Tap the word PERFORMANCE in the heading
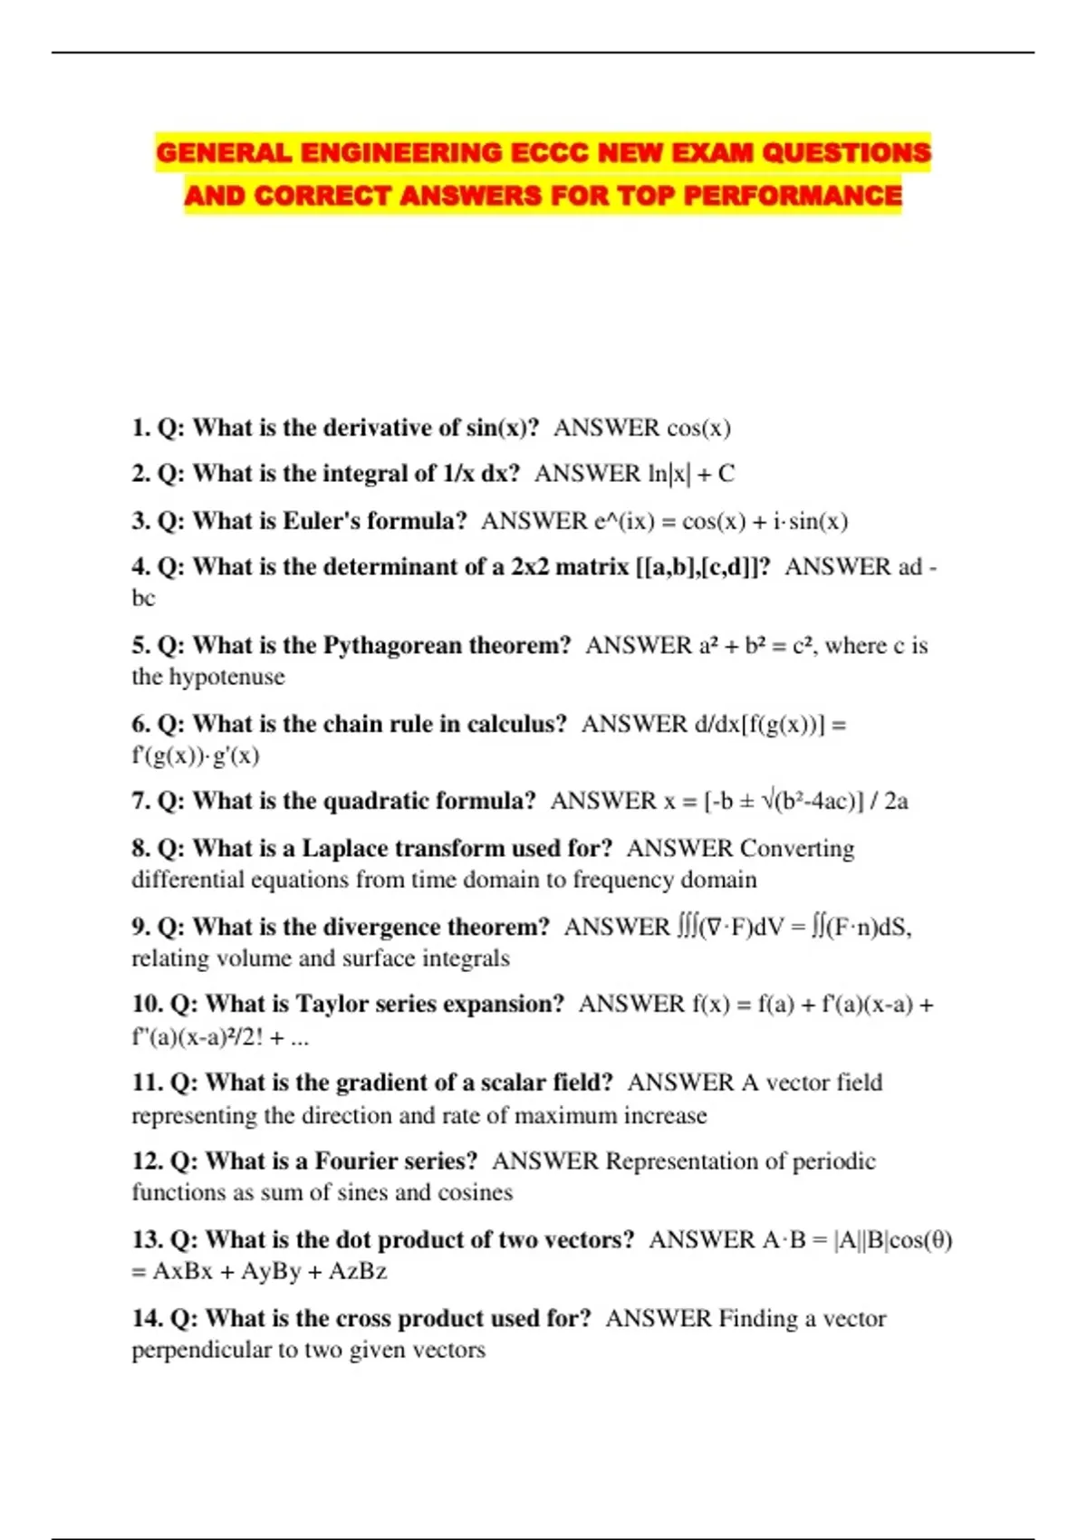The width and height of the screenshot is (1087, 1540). [793, 196]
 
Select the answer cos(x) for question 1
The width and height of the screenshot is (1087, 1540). [698, 428]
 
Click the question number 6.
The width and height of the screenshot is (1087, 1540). [141, 724]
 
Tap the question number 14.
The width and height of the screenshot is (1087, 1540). [147, 1318]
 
